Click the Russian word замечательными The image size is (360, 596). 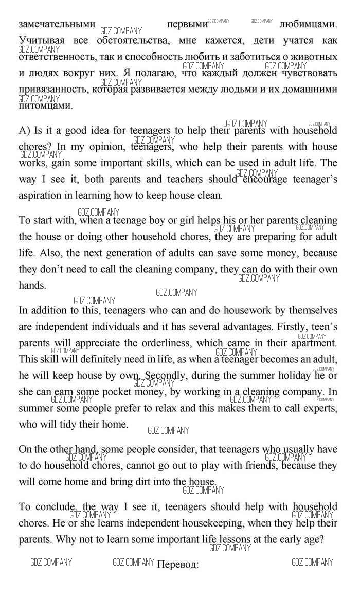click(x=57, y=24)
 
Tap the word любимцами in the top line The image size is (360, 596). click(x=308, y=24)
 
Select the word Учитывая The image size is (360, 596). click(x=40, y=40)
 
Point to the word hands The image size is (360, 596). click(x=32, y=286)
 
